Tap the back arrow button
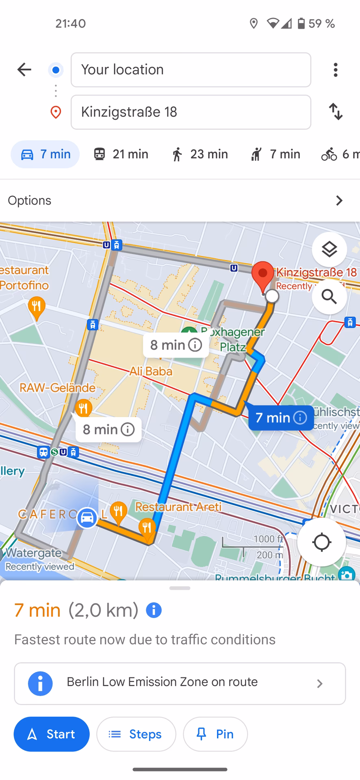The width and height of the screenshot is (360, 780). click(x=24, y=70)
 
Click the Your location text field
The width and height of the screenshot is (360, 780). click(x=191, y=70)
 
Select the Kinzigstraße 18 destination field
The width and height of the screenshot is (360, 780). click(x=191, y=112)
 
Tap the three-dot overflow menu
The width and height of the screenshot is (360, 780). click(x=335, y=70)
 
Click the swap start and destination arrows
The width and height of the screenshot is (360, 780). click(x=336, y=112)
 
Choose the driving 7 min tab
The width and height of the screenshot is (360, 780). click(x=45, y=154)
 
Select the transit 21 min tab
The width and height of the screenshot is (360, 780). click(x=121, y=154)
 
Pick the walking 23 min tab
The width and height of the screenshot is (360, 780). click(x=199, y=154)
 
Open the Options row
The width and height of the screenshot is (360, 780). click(x=180, y=201)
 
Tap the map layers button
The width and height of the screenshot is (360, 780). click(x=329, y=249)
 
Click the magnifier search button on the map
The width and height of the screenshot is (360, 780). click(x=329, y=297)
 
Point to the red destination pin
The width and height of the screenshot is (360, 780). click(x=263, y=276)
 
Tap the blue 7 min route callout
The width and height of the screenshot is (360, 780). click(x=281, y=418)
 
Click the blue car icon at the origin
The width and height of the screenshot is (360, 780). click(x=87, y=518)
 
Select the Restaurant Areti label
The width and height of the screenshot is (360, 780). click(x=178, y=507)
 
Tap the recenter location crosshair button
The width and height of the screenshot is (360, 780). click(x=321, y=542)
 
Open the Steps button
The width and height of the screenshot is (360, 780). click(x=136, y=734)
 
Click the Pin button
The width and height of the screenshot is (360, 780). click(x=215, y=734)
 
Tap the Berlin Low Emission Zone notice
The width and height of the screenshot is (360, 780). click(x=180, y=684)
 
